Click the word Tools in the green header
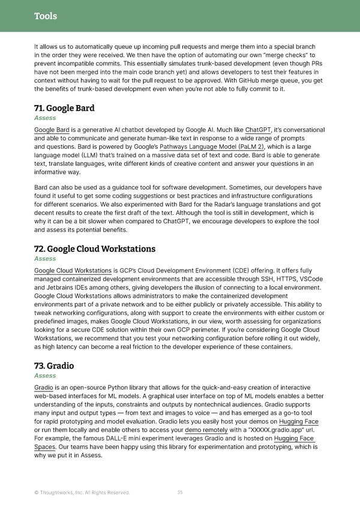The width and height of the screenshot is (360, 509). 46,16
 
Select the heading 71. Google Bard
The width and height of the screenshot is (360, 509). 65,109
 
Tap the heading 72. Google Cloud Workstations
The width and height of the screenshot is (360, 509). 95,249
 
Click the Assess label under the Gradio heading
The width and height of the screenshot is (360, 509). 45,376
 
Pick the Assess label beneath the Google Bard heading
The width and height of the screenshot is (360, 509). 45,118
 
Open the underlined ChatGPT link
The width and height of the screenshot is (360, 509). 258,130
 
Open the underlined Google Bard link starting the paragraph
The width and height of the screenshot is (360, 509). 51,130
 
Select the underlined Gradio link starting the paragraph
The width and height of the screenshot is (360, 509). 43,388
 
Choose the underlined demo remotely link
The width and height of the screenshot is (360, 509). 206,430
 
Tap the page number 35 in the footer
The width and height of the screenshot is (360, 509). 180,493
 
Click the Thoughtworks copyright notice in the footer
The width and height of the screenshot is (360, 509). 82,493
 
